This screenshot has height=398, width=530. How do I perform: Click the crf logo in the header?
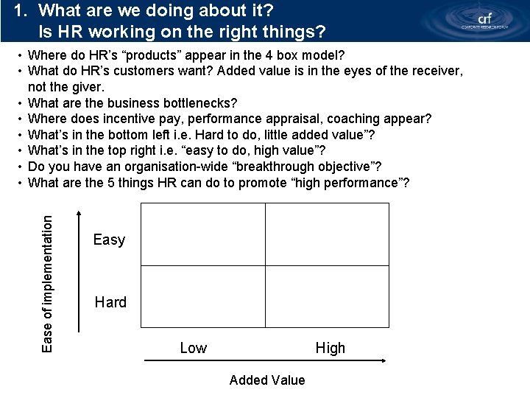[484, 20]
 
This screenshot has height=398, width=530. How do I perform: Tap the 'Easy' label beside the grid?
[109, 240]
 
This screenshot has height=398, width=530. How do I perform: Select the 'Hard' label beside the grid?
[110, 302]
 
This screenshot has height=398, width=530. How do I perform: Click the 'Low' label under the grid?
[194, 348]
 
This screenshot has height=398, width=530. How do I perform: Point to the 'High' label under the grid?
[330, 348]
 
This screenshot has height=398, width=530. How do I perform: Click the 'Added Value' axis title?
[266, 380]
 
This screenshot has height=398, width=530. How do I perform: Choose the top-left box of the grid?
[202, 234]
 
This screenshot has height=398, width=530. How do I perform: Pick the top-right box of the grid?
[327, 234]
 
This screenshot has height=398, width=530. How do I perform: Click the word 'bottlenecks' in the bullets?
[199, 102]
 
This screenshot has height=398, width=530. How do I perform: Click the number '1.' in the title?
[22, 11]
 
